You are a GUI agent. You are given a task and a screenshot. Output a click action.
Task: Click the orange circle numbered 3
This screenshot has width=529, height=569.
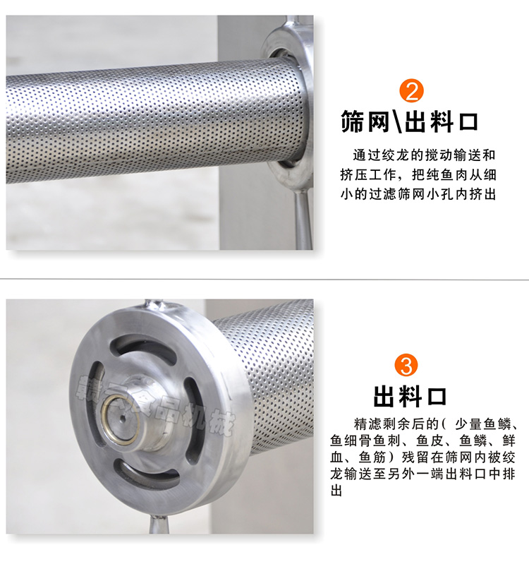[x=409, y=366]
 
